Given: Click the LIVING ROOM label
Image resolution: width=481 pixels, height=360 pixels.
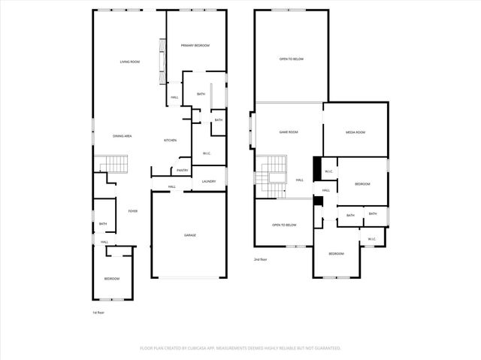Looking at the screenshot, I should pyautogui.click(x=130, y=62).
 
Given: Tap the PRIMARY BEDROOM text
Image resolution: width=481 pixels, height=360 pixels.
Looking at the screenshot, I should pyautogui.click(x=195, y=46).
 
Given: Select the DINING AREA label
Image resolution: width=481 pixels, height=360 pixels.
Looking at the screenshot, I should pyautogui.click(x=123, y=135).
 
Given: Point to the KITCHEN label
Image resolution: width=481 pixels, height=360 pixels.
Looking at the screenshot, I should pyautogui.click(x=171, y=141).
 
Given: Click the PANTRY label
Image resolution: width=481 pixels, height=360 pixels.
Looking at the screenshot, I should pyautogui.click(x=182, y=170).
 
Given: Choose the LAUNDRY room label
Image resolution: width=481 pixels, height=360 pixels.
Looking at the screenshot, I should pyautogui.click(x=208, y=181).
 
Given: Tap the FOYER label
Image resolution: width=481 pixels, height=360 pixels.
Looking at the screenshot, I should pyautogui.click(x=132, y=211).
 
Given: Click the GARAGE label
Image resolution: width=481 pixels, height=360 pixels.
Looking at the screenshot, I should pyautogui.click(x=190, y=235).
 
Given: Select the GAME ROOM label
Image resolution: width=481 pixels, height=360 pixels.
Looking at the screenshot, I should pyautogui.click(x=289, y=132).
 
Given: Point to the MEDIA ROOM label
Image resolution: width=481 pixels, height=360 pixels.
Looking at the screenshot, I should pyautogui.click(x=355, y=132).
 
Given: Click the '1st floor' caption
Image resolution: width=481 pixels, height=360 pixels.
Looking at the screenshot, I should pyautogui.click(x=98, y=312).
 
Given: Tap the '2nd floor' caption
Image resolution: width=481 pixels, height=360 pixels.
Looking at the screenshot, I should pyautogui.click(x=261, y=259).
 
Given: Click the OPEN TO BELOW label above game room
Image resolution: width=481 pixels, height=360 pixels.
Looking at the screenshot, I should pyautogui.click(x=291, y=59).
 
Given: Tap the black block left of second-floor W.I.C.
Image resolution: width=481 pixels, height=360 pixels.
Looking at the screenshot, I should pyautogui.click(x=316, y=167).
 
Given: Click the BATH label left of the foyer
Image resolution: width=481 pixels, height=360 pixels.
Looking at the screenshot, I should pyautogui.click(x=102, y=223).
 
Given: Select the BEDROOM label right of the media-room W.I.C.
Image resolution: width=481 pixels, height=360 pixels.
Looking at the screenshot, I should pyautogui.click(x=362, y=183).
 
